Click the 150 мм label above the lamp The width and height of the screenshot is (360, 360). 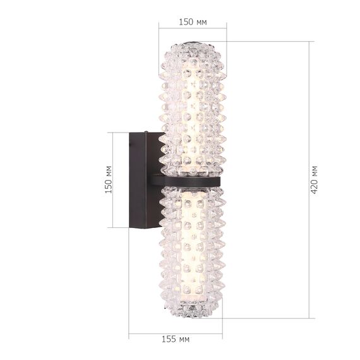click(193, 21)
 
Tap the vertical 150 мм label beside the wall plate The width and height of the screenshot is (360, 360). click(109, 180)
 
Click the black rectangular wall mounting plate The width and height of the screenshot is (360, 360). click(139, 180)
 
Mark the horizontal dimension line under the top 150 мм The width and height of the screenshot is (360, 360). click(193, 28)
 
